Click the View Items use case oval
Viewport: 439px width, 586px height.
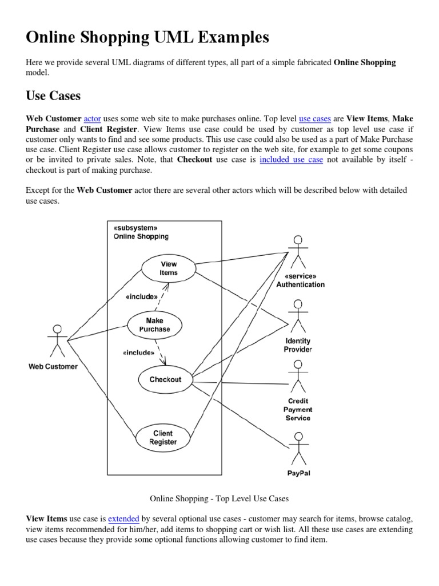click(169, 268)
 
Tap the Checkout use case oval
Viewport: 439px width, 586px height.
click(165, 379)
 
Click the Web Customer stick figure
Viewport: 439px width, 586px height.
click(57, 341)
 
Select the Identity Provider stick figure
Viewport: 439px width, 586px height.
click(297, 315)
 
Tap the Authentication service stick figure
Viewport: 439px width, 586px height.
click(297, 252)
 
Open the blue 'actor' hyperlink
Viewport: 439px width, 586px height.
click(92, 118)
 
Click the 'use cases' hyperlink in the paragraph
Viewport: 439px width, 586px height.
click(315, 118)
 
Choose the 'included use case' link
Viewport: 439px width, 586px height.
click(291, 160)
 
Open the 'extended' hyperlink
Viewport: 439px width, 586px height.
click(123, 518)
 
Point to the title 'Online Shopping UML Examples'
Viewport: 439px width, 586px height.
click(147, 38)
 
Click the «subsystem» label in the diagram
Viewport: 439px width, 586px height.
click(135, 228)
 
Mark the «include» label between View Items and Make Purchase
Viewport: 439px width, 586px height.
click(141, 296)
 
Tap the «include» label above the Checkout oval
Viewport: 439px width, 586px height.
click(138, 353)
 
